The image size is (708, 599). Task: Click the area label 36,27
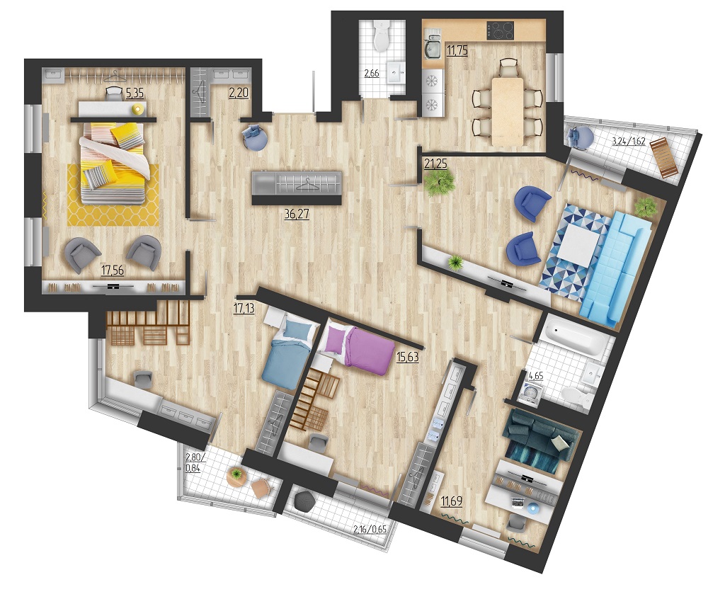click(297, 214)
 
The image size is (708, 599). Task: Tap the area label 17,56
click(113, 270)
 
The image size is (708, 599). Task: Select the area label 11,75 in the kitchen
click(457, 50)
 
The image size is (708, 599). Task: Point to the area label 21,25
click(435, 163)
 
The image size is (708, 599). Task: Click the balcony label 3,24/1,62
click(629, 141)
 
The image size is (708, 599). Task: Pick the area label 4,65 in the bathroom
click(536, 375)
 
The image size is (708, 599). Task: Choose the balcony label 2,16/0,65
click(370, 529)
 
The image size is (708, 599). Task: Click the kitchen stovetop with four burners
click(500, 30)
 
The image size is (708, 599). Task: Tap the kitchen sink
click(433, 48)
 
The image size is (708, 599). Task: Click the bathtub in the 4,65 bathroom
click(575, 336)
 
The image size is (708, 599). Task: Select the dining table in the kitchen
click(508, 111)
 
